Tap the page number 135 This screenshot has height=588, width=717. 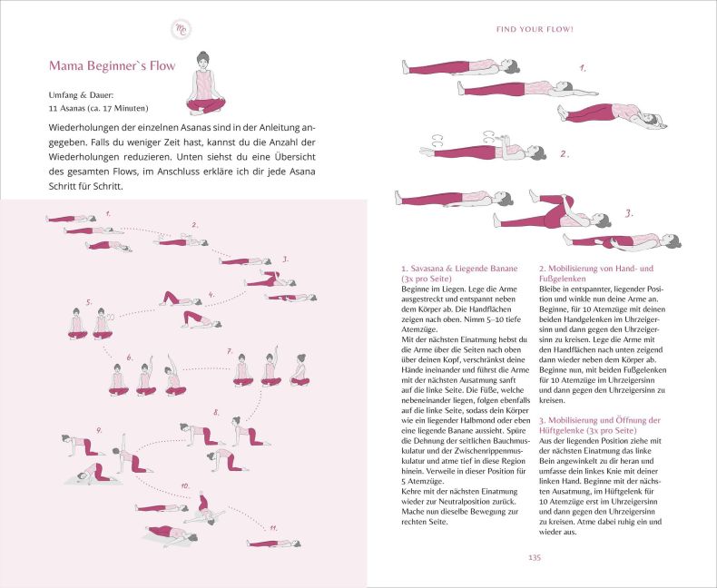534,557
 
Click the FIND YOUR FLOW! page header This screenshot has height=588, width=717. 534,29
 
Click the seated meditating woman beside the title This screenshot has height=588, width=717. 205,87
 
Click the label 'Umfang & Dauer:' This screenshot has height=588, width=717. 80,94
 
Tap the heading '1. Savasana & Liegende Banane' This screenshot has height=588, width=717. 459,269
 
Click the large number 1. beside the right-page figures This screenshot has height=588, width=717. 583,69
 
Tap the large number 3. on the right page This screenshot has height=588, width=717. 629,214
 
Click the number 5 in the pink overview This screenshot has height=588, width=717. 89,302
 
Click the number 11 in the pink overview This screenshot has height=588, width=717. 272,526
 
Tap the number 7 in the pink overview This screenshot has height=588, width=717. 230,351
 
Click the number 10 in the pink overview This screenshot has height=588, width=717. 185,485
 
